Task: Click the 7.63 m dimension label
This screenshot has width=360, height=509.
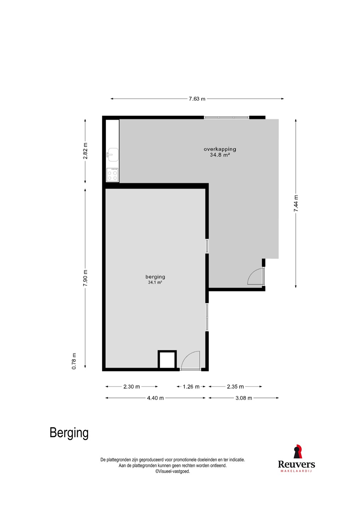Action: click(197, 99)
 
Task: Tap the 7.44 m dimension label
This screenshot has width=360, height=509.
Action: click(296, 203)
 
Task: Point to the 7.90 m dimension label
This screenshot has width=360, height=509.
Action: click(85, 278)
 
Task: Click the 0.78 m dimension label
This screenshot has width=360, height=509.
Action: click(74, 361)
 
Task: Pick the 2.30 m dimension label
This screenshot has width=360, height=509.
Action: click(132, 387)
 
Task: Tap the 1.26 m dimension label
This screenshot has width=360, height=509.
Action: click(191, 387)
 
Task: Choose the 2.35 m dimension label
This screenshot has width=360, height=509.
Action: click(235, 387)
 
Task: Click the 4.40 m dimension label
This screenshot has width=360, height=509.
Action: click(155, 398)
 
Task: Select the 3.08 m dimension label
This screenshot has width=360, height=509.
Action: click(243, 398)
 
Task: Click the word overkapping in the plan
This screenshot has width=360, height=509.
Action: click(220, 149)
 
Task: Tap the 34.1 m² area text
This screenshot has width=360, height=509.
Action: click(155, 282)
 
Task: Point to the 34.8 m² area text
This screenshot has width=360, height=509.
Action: click(220, 155)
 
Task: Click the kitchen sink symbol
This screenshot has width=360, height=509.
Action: click(112, 155)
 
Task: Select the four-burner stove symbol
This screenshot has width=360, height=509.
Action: click(112, 175)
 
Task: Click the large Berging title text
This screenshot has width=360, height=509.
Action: click(69, 433)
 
